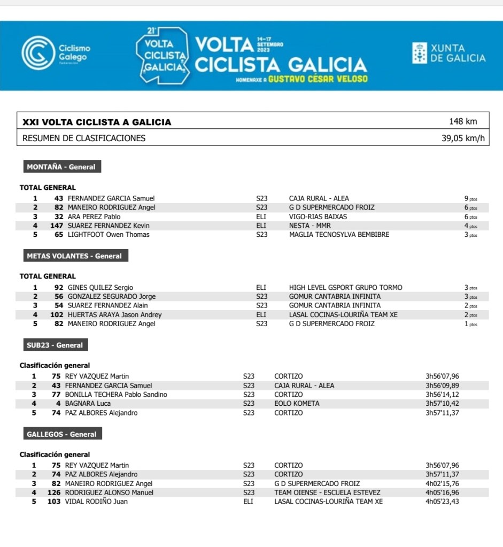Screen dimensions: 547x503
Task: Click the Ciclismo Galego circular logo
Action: click(x=38, y=52)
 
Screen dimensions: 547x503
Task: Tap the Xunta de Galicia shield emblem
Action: click(x=420, y=52)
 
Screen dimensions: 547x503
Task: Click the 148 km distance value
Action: click(x=463, y=121)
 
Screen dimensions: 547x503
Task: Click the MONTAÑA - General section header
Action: click(x=61, y=167)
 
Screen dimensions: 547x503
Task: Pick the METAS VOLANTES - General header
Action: click(x=74, y=256)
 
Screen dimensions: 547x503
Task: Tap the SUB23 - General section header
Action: click(x=55, y=345)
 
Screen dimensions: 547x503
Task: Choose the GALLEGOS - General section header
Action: click(x=61, y=435)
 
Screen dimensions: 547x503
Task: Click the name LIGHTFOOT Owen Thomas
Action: click(x=109, y=235)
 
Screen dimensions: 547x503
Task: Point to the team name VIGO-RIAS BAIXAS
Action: click(x=318, y=217)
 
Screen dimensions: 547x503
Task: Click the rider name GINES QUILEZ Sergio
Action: click(x=100, y=288)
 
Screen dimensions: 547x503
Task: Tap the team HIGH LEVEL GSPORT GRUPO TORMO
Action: click(x=345, y=288)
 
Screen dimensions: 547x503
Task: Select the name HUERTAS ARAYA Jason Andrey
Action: click(x=114, y=315)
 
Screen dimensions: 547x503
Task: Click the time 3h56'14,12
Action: click(x=442, y=395)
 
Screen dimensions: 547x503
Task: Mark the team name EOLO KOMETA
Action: click(x=297, y=404)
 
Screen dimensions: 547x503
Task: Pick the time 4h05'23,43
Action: click(x=442, y=502)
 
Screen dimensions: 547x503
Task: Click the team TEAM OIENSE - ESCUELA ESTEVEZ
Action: click(x=327, y=492)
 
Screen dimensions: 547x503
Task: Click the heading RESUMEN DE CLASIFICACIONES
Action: click(x=84, y=138)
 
